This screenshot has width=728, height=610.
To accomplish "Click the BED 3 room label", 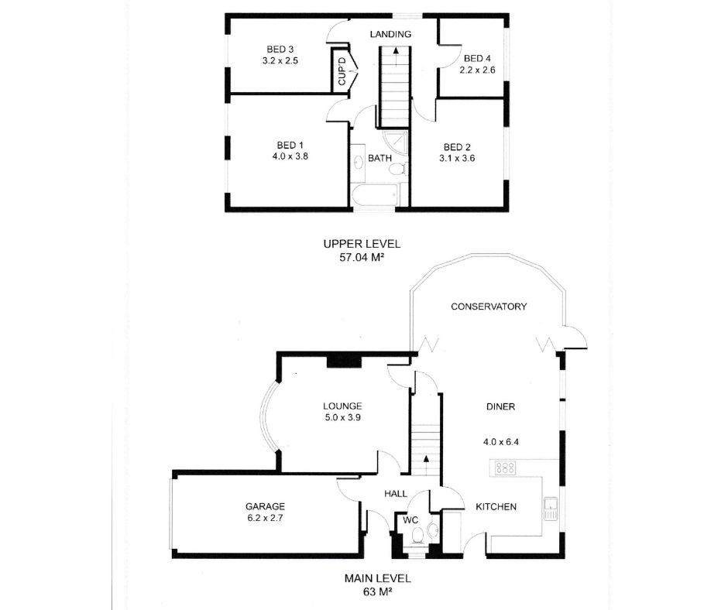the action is [x=280, y=50].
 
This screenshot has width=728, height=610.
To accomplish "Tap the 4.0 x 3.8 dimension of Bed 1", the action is [x=290, y=156].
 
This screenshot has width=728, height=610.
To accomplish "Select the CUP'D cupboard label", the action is [x=342, y=71].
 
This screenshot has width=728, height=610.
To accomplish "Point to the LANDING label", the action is [x=390, y=34].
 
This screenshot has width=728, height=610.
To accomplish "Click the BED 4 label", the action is [x=477, y=59].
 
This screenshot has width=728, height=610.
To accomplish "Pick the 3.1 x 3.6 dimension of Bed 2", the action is [x=457, y=158].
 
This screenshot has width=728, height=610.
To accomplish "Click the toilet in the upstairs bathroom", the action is [x=398, y=169].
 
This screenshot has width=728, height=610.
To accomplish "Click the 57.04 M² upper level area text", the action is [x=362, y=257].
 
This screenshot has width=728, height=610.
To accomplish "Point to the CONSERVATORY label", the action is [x=489, y=307].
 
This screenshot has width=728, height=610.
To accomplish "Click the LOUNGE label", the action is [x=342, y=406].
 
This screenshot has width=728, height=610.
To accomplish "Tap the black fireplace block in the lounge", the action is [x=344, y=362].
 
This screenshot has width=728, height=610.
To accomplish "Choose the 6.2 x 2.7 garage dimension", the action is [x=265, y=518].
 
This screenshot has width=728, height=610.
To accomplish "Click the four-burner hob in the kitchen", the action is [x=505, y=468].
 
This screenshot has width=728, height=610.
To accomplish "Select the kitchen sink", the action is [x=551, y=509].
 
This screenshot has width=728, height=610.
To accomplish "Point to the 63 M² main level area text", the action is [x=377, y=592].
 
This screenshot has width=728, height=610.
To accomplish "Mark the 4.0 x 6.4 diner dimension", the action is [x=501, y=442].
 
